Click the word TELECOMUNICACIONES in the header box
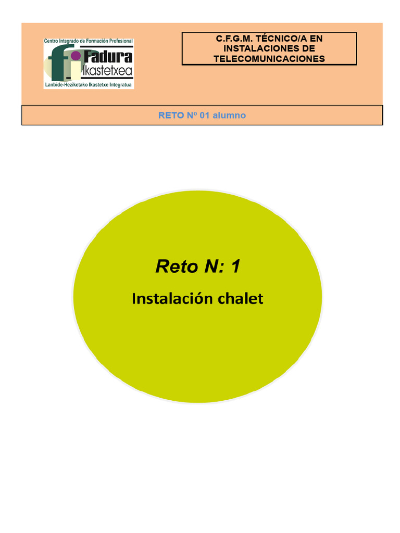269,59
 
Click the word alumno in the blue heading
229,116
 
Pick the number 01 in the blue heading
204,116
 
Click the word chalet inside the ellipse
240,299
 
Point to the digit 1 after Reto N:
235,266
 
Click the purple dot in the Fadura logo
76,56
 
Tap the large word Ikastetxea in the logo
108,70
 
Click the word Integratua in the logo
121,84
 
